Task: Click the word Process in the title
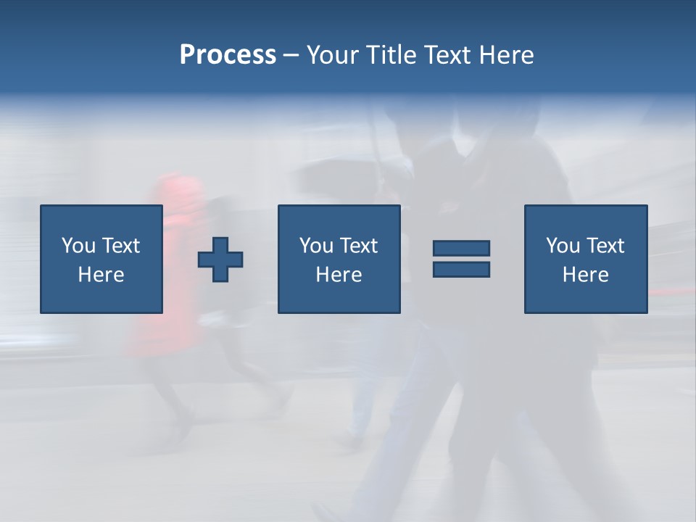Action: [228, 55]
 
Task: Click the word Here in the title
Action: [507, 55]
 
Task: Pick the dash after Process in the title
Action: [291, 56]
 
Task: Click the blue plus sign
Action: [220, 260]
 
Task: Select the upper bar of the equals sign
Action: [461, 249]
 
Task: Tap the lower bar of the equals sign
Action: [461, 269]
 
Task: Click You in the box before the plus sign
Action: [78, 246]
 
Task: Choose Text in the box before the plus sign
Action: [120, 246]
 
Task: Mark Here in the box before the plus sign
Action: [101, 275]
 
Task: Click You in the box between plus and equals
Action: [315, 246]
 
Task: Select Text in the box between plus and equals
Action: [358, 246]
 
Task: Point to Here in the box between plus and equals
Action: [339, 275]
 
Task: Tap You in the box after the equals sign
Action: [562, 246]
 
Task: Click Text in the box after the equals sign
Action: [605, 246]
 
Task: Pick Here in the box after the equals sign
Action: [586, 275]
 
